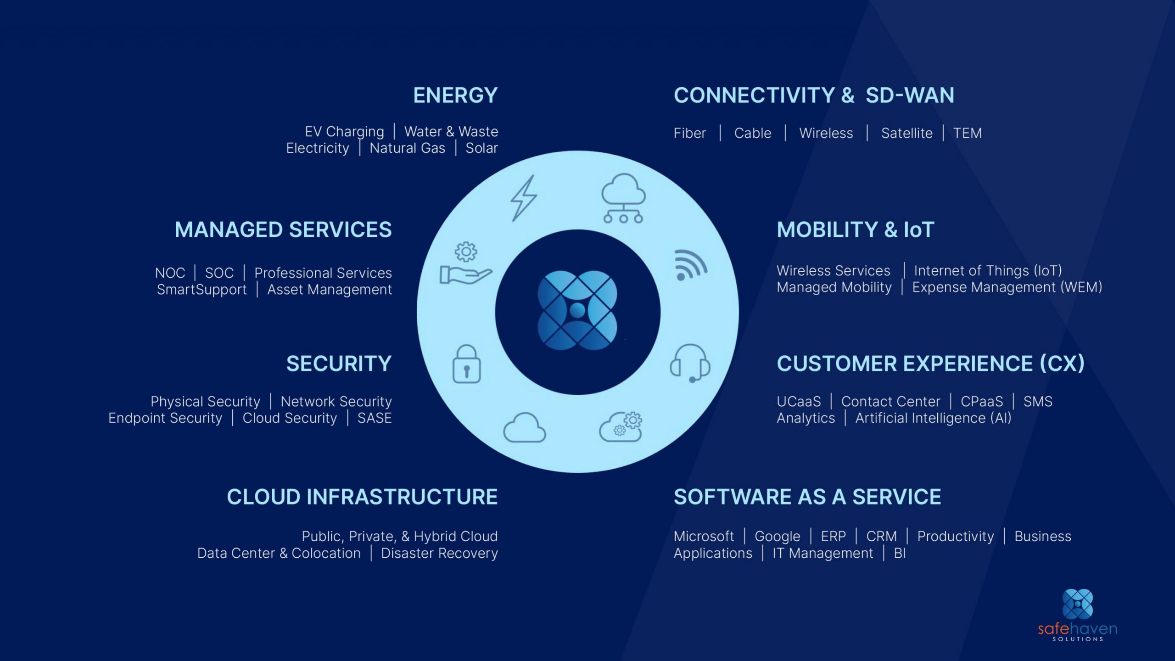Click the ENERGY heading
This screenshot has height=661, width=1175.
tap(455, 95)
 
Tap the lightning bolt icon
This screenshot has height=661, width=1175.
tap(524, 198)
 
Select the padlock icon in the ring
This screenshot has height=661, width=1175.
tap(466, 364)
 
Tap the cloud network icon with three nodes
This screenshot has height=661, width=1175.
tap(623, 198)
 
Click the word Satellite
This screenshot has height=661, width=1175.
tap(906, 133)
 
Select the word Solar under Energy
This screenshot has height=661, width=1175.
tap(481, 148)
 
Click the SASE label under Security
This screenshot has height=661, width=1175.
tap(375, 418)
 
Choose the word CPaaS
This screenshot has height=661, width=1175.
tap(982, 402)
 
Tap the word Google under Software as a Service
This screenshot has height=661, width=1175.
tap(777, 536)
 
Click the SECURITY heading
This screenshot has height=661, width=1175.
tap(339, 364)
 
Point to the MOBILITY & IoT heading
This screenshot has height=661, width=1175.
tap(855, 230)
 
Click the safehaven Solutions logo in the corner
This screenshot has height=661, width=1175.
tap(1077, 615)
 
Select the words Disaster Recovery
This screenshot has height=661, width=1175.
tap(439, 553)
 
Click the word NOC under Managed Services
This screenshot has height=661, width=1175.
tap(170, 273)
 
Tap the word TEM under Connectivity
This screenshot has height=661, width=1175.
tap(967, 133)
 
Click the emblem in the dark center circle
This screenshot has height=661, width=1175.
tap(577, 311)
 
